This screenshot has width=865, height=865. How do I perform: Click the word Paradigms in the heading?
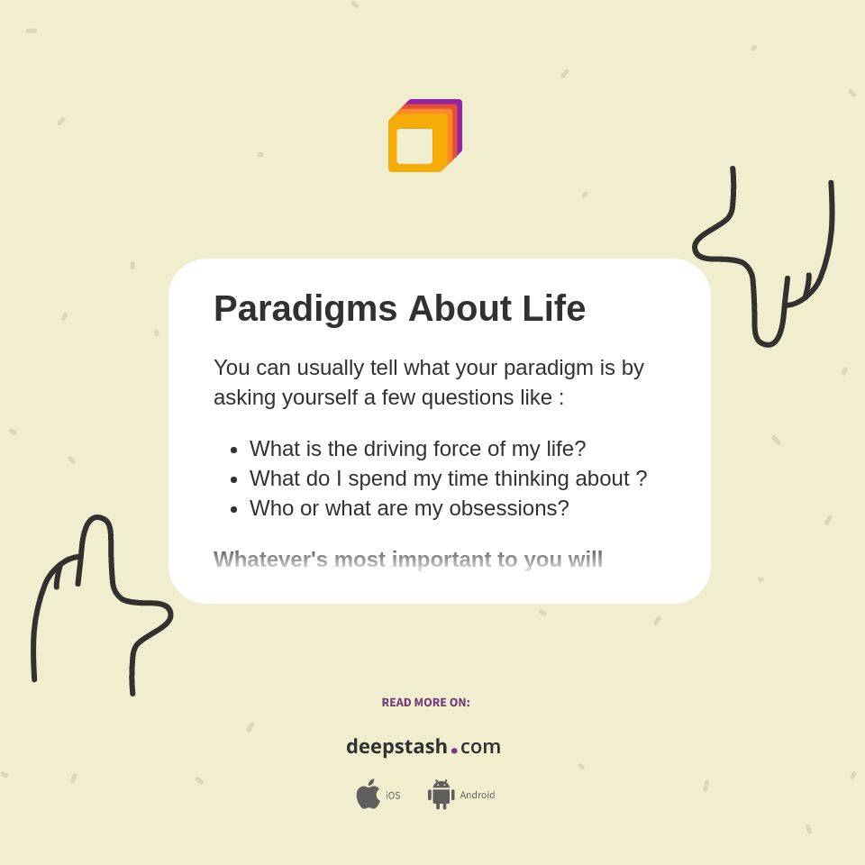click(x=305, y=309)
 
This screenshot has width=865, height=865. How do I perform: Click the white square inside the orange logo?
click(x=414, y=146)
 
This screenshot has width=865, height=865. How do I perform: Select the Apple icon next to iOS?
click(x=368, y=794)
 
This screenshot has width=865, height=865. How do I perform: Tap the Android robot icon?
click(x=441, y=794)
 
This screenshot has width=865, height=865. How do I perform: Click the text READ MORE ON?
click(x=425, y=703)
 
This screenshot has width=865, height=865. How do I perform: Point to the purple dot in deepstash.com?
click(x=454, y=750)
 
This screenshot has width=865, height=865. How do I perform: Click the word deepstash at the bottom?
click(x=396, y=746)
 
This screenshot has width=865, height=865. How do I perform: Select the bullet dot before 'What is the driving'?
click(x=234, y=450)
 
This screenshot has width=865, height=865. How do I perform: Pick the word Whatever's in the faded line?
click(x=270, y=560)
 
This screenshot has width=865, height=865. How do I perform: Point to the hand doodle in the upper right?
click(x=766, y=261)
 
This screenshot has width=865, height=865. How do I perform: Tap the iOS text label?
click(x=393, y=796)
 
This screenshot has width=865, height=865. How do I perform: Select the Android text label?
click(x=477, y=796)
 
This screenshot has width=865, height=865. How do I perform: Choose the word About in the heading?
click(x=460, y=309)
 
